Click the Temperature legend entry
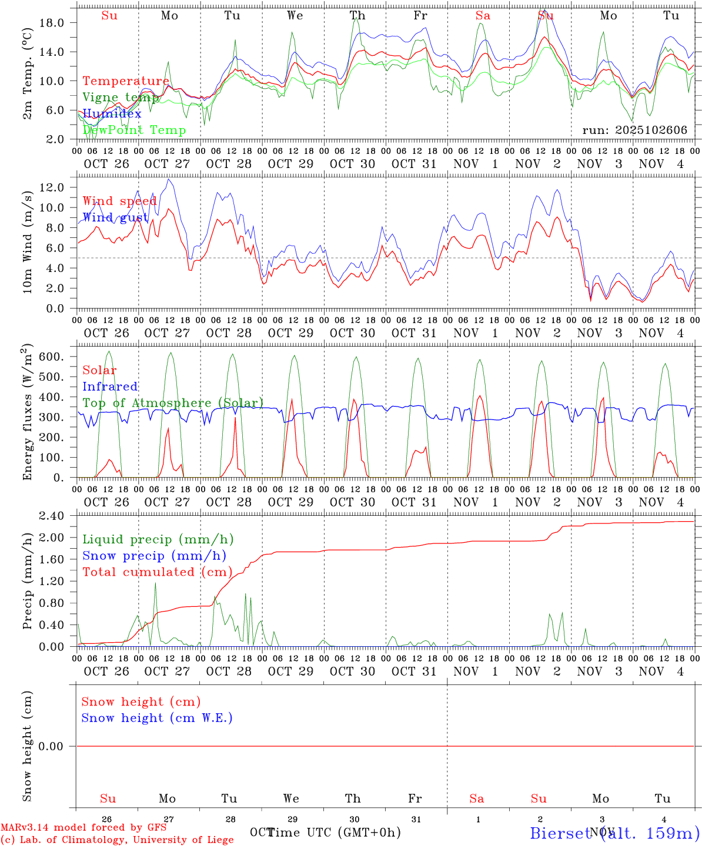126,81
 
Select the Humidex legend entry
112,114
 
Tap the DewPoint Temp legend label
134,130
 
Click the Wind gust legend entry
115,218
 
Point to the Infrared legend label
110,387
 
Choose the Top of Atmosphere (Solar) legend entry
172,403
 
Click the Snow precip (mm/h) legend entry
154,556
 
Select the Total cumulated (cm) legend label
157,572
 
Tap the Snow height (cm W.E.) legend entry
156,718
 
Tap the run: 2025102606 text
634,130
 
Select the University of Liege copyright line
117,840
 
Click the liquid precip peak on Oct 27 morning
156,582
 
